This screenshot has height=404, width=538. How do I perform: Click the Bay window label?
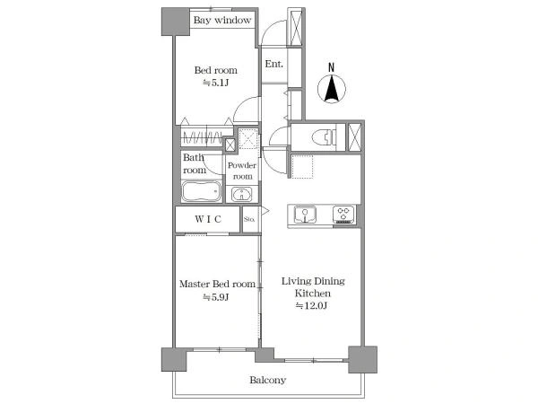point(222,20)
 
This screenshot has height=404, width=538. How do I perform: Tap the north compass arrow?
point(332,89)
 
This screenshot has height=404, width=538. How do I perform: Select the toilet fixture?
point(324,137)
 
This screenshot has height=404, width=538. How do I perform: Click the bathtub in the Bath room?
point(201,191)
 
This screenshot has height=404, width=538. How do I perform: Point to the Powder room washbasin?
point(241,195)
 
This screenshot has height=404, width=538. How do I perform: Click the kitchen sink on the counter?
point(305,215)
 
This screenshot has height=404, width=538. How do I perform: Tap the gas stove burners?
point(344,214)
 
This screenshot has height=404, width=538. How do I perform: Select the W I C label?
point(208,219)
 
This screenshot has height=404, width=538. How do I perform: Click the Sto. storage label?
point(249,219)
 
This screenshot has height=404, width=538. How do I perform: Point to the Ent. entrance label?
point(274,64)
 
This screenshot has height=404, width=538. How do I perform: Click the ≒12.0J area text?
point(311,305)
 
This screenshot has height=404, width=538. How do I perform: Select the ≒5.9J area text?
point(215,297)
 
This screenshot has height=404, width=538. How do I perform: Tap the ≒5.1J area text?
point(215,83)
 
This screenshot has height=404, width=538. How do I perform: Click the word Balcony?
point(267,380)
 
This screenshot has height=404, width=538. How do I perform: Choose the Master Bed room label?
point(217,284)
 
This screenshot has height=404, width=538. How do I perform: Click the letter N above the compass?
point(331,67)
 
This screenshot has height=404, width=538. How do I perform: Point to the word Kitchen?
point(313,293)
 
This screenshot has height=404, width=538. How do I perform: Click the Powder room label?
point(242,171)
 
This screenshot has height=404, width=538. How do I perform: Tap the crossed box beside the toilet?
point(355,137)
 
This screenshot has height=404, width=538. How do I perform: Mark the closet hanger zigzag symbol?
point(204,138)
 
